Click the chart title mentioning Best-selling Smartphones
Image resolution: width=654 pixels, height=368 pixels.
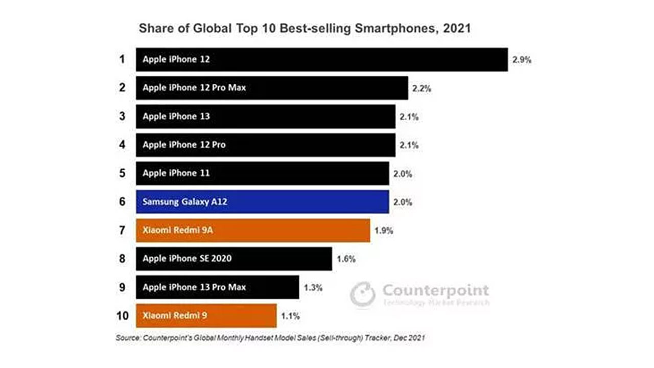tap(305, 29)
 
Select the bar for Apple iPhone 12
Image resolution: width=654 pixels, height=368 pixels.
tap(322, 60)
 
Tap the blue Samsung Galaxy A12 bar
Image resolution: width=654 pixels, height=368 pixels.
tap(262, 201)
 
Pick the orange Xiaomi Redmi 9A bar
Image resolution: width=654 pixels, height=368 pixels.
tap(253, 230)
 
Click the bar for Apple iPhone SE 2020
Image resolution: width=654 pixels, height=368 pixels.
tap(234, 259)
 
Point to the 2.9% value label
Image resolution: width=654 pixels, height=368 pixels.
tap(522, 60)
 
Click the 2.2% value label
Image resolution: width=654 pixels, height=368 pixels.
tap(422, 88)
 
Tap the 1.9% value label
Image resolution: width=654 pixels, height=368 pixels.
tap(384, 231)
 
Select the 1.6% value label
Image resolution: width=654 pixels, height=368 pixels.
tap(346, 259)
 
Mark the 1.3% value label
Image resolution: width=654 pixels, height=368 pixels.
tap(313, 288)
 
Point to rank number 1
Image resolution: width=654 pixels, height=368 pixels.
tap(122, 59)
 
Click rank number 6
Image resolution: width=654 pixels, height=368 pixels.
tap(122, 201)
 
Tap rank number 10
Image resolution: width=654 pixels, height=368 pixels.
tap(122, 316)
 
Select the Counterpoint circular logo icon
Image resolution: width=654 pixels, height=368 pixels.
tap(363, 295)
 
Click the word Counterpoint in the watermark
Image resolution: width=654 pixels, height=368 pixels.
tap(435, 291)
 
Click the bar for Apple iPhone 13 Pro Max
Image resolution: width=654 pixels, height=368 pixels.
tap(218, 287)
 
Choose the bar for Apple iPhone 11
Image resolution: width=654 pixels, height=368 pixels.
tap(262, 173)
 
